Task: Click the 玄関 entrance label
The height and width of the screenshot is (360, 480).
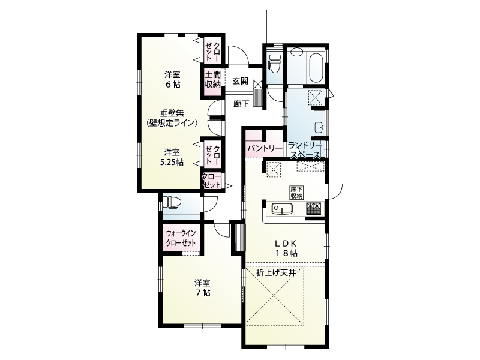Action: point(241,80)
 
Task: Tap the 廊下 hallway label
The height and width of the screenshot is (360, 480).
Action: point(241,103)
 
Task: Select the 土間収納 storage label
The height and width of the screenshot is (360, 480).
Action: point(212,80)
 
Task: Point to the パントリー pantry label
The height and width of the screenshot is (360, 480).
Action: point(263,148)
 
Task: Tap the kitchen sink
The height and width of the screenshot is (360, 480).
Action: point(281,209)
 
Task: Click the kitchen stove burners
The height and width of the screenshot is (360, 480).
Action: point(314,209)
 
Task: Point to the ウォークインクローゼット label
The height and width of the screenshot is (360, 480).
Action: point(181,238)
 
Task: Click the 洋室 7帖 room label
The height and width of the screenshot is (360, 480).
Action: point(202,287)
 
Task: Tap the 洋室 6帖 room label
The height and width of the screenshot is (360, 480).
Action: point(173,79)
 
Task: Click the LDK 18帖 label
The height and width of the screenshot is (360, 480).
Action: point(286,248)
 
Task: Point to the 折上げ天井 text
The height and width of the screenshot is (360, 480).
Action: point(277,273)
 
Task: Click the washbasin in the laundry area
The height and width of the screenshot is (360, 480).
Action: point(319,127)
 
